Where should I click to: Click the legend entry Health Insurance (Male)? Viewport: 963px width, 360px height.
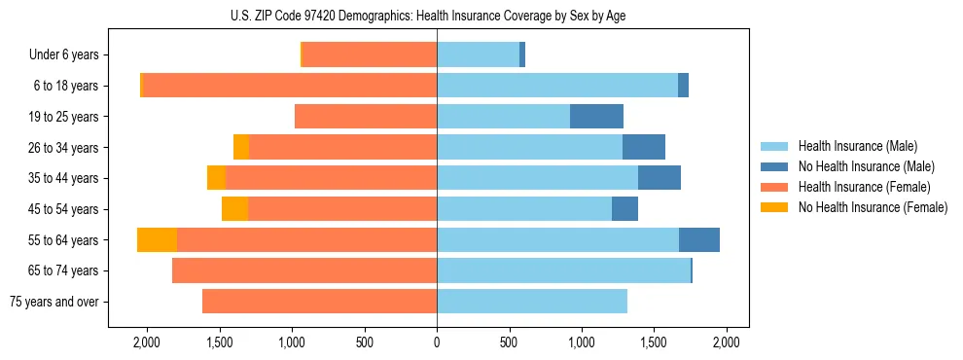[x=852, y=146]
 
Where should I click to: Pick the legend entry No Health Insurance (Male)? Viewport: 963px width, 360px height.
[x=859, y=166]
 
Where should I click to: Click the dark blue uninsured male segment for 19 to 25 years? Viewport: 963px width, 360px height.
[x=596, y=117]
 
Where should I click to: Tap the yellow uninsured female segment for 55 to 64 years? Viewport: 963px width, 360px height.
[x=157, y=240]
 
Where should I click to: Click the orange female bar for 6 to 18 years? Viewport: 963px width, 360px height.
[x=290, y=86]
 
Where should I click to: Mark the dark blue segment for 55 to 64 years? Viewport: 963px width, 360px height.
[x=699, y=240]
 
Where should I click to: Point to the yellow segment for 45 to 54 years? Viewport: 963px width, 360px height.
[x=234, y=209]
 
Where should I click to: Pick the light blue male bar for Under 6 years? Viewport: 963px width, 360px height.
[x=478, y=55]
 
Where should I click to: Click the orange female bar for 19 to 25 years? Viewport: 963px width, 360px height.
[x=366, y=117]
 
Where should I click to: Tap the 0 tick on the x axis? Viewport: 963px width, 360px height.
[x=437, y=342]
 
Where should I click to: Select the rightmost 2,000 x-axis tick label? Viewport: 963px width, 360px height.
[x=727, y=342]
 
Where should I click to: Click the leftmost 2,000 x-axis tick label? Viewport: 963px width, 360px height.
[x=147, y=342]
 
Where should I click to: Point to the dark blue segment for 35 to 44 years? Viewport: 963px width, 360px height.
[x=660, y=178]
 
